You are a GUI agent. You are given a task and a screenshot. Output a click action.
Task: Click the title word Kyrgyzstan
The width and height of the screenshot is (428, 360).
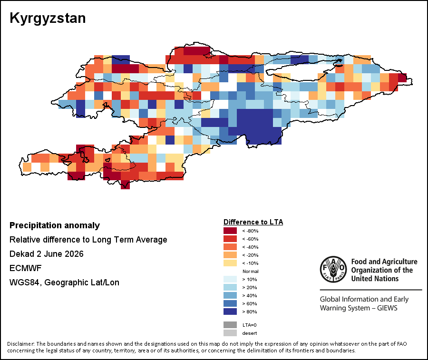[48, 19]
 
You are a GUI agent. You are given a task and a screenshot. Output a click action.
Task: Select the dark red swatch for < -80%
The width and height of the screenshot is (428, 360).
[230, 231]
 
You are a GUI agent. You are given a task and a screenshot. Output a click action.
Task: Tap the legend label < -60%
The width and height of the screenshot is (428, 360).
[250, 239]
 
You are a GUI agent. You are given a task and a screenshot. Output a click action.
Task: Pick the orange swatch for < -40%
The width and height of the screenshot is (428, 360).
[230, 247]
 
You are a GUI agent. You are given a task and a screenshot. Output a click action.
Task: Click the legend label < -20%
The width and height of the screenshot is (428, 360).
[250, 255]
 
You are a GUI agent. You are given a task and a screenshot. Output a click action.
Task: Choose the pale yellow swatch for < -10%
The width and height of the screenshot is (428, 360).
[230, 263]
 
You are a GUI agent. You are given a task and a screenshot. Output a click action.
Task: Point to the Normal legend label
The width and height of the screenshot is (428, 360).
[250, 271]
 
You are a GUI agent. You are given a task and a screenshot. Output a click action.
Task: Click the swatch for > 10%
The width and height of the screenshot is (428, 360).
[230, 279]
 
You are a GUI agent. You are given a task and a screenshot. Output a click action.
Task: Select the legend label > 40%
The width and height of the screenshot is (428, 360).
[250, 296]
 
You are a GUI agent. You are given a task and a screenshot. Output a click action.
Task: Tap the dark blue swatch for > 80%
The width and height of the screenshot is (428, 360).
[230, 311]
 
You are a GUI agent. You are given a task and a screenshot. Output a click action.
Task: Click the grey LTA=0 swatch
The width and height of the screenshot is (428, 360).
[230, 325]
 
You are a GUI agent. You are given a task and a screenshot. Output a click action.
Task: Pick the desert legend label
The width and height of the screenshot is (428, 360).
[250, 333]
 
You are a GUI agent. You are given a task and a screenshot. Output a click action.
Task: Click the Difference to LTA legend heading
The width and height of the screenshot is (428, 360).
[253, 222]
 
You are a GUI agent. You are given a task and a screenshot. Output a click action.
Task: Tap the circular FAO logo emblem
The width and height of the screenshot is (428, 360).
[333, 269]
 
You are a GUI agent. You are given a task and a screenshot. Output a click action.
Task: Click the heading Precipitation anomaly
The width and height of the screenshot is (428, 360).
[55, 226]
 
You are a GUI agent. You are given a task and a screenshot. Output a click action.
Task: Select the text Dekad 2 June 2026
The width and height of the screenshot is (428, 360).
[47, 254]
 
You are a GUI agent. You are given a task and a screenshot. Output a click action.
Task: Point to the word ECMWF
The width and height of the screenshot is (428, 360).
[25, 268]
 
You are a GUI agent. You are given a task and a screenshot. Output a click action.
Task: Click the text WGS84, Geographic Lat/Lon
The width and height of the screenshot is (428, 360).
[64, 282]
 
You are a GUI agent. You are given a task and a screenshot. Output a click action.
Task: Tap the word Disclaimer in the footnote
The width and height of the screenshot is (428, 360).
[21, 344]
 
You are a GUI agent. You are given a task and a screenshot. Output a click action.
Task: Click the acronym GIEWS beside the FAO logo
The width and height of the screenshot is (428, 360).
[387, 308]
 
